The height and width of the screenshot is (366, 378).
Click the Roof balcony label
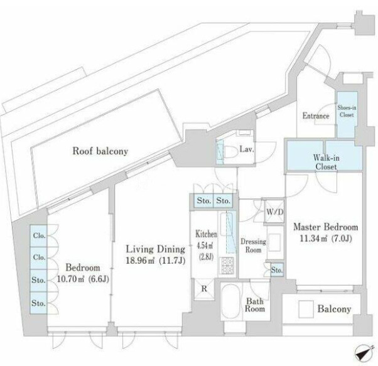[100, 151]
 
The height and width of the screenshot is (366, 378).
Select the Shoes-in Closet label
[347, 111]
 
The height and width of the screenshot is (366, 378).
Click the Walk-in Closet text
[326, 162]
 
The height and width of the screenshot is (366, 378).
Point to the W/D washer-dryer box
[274, 212]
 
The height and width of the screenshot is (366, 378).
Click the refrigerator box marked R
[204, 289]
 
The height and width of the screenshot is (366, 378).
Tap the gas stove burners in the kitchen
[227, 265]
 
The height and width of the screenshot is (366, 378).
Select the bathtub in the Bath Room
[230, 302]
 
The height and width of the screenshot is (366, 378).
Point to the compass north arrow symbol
[364, 353]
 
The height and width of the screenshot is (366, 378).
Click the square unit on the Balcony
[306, 309]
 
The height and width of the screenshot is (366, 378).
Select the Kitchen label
[206, 234]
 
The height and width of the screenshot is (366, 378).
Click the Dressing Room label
[254, 245]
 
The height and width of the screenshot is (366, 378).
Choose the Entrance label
[316, 116]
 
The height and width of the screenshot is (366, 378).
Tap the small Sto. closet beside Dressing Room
[277, 270]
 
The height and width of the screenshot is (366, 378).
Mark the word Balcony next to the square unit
[334, 309]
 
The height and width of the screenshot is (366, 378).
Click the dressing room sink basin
[274, 242]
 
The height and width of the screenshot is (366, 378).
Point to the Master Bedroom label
[326, 227]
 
